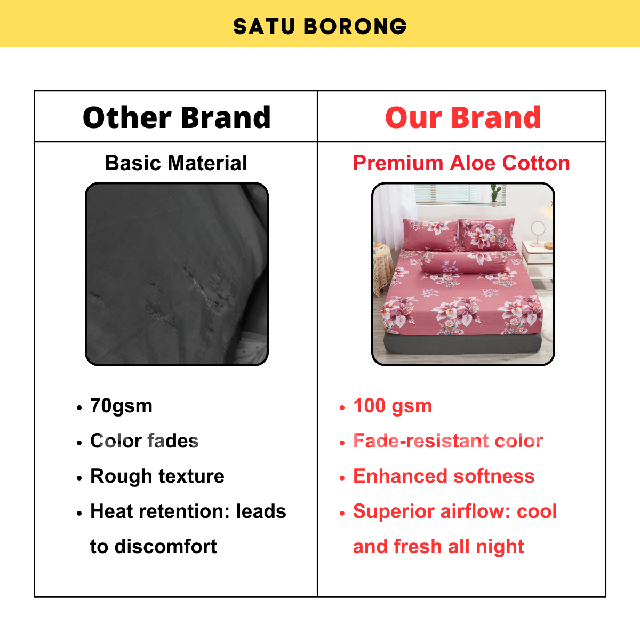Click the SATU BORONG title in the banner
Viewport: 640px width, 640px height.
pyautogui.click(x=320, y=26)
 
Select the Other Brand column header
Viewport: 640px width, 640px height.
pyautogui.click(x=177, y=117)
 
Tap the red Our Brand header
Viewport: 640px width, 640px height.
pyautogui.click(x=463, y=117)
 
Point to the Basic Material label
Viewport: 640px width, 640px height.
pyautogui.click(x=176, y=163)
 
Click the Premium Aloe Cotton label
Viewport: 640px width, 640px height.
pyautogui.click(x=461, y=163)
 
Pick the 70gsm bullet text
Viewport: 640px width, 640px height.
pyautogui.click(x=122, y=406)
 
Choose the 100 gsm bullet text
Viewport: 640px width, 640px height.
pyautogui.click(x=393, y=406)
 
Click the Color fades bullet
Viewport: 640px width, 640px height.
pyautogui.click(x=145, y=441)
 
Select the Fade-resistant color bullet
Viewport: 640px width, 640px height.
pyautogui.click(x=448, y=441)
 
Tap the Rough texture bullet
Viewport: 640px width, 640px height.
pyautogui.click(x=157, y=476)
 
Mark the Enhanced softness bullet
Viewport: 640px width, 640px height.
pyautogui.click(x=444, y=476)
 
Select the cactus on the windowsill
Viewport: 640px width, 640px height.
pyautogui.click(x=495, y=193)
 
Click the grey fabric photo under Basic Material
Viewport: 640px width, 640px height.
pyautogui.click(x=177, y=274)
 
